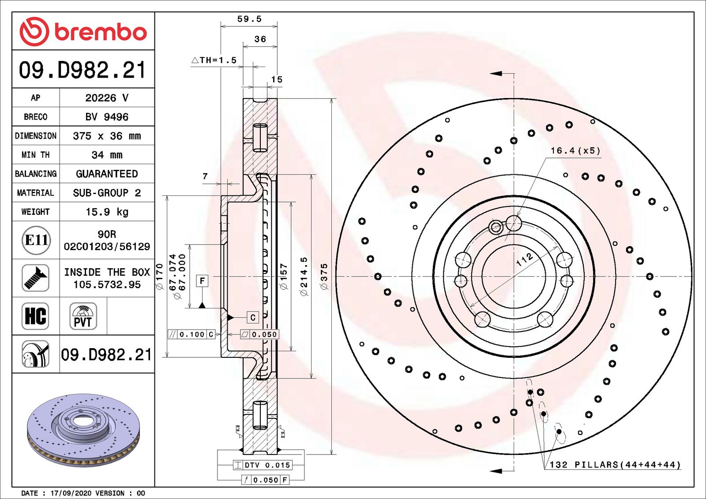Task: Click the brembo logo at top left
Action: [83, 31]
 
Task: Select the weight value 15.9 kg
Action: [107, 212]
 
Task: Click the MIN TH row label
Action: [35, 155]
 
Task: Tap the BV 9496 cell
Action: [107, 117]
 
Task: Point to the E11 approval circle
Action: [36, 240]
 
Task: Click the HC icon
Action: [35, 316]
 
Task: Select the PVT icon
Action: [83, 316]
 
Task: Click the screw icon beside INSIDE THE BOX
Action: [35, 278]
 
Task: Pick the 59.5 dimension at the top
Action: [249, 19]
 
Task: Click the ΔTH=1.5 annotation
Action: [214, 60]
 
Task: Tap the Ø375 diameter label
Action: [324, 277]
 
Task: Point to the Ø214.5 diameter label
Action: [304, 277]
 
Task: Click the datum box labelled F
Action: [202, 281]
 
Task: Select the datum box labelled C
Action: [252, 317]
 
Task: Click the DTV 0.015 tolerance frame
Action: [263, 465]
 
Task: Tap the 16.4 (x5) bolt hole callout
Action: [575, 151]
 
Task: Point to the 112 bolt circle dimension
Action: [525, 259]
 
